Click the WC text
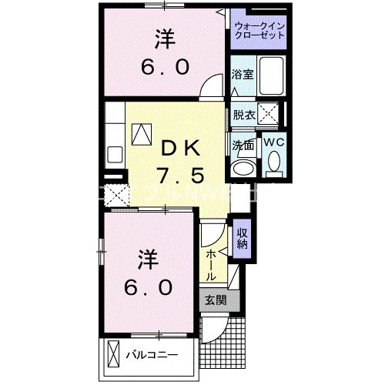[275, 142]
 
